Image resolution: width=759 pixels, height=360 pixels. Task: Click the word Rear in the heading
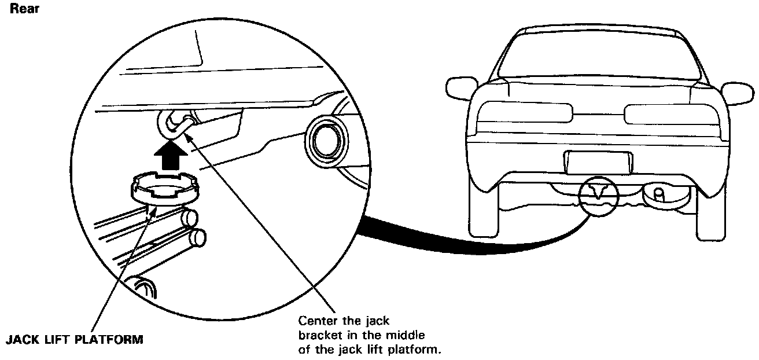pos(21,10)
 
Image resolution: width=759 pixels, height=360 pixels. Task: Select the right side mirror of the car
pos(738,93)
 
